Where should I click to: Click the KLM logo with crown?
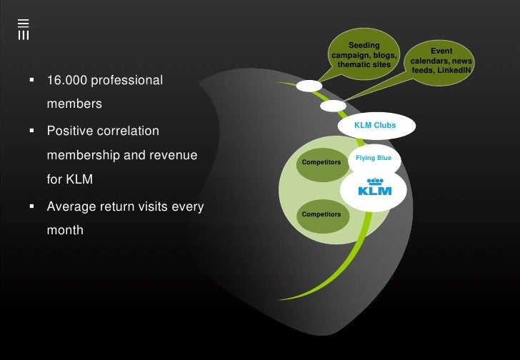[375, 186]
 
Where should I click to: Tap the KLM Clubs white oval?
[375, 126]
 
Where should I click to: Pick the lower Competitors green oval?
[321, 214]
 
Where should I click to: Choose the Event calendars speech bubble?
[441, 61]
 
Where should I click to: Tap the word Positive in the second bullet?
[72, 131]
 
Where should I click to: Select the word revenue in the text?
[171, 155]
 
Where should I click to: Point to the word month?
[65, 231]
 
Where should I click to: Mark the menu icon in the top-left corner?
[23, 29]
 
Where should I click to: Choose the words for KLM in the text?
[69, 179]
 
